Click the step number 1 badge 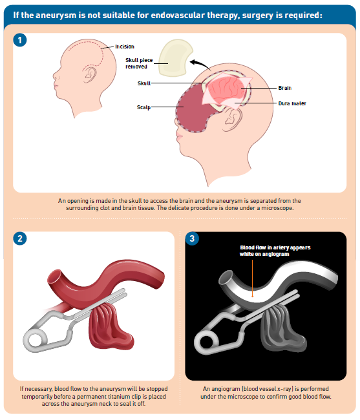[x=20, y=40]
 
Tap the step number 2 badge [x=20, y=238]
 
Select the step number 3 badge [x=192, y=238]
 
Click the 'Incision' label [x=125, y=47]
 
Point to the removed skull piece [x=175, y=58]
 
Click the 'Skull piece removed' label [x=139, y=63]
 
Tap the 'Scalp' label [x=143, y=107]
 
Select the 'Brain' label [x=285, y=88]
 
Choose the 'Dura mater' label [x=292, y=103]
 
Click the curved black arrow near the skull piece [x=202, y=63]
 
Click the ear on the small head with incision [x=90, y=74]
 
